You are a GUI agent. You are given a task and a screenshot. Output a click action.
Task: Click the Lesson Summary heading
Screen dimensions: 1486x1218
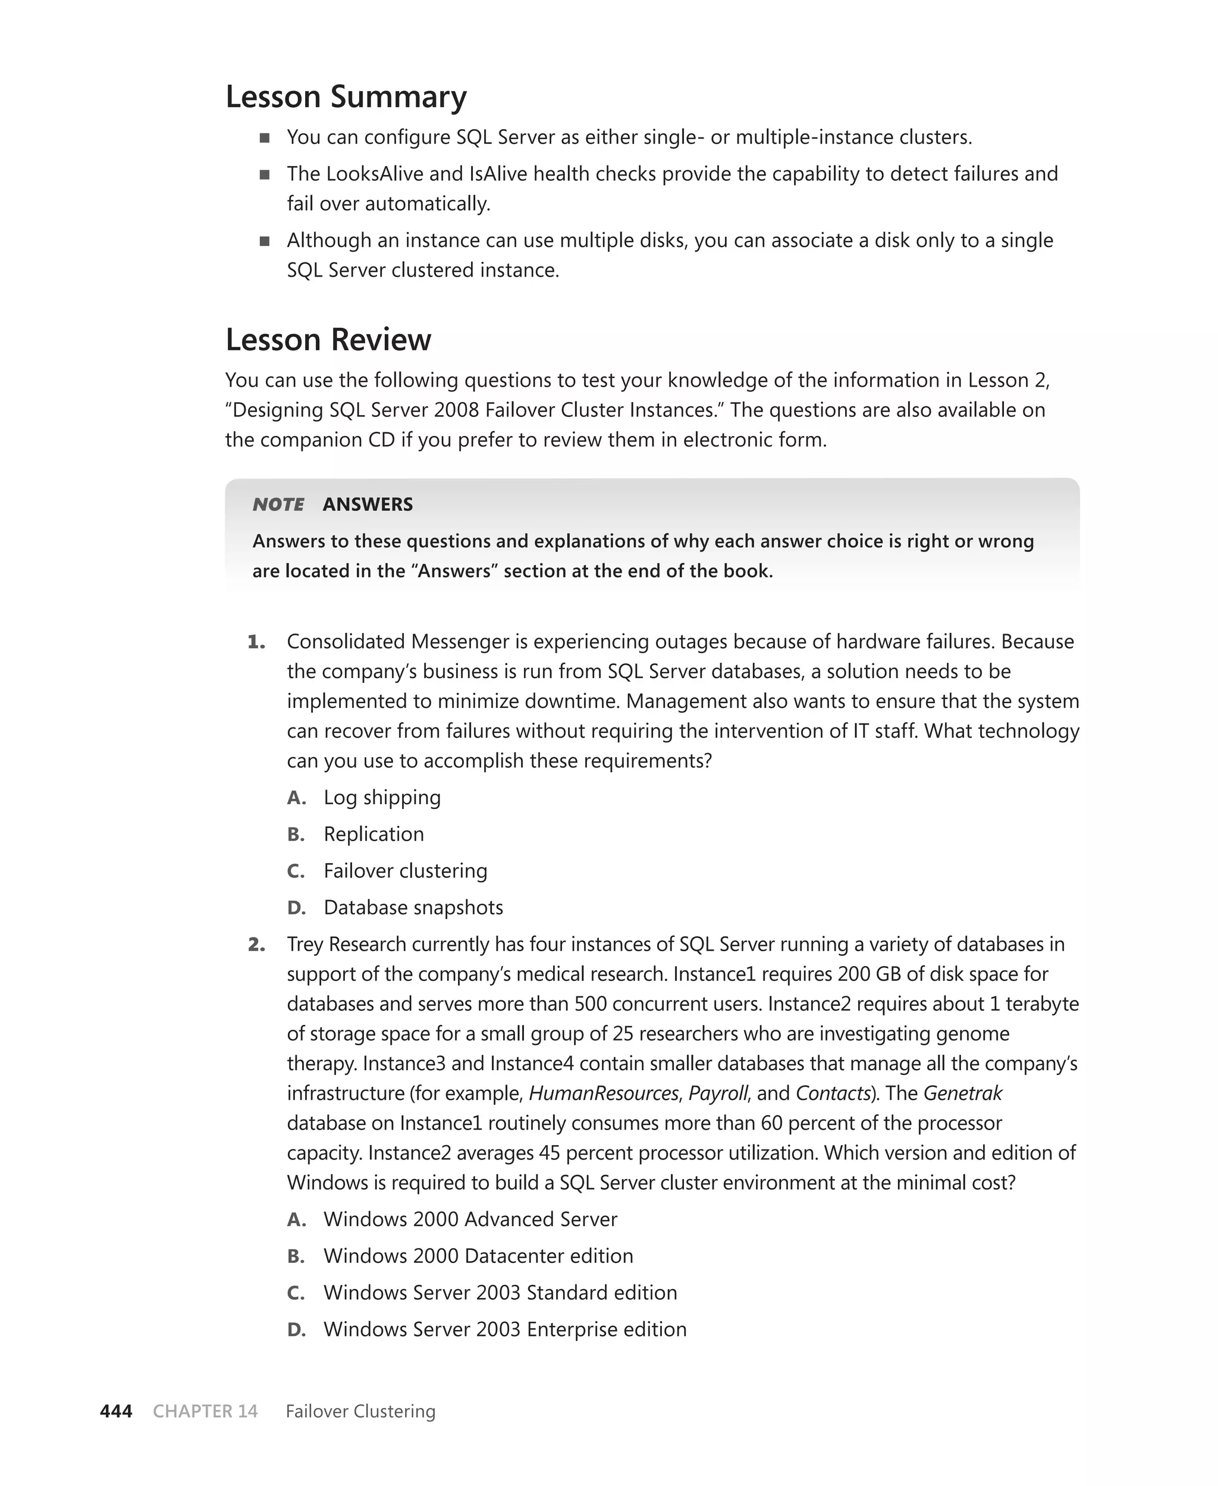346,97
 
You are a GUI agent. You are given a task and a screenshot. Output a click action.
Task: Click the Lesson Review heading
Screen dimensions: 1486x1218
328,340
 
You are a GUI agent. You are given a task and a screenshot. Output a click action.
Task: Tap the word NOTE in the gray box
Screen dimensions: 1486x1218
278,504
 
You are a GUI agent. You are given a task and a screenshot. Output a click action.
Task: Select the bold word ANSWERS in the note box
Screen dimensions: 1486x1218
368,504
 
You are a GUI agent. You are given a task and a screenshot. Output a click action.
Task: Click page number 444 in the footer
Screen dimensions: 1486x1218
117,1411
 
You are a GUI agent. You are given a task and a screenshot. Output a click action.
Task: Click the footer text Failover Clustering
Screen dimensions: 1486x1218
360,1411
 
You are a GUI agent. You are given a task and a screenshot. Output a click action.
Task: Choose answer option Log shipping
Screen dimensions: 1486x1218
382,798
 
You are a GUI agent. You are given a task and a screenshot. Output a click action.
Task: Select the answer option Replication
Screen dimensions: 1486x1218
373,834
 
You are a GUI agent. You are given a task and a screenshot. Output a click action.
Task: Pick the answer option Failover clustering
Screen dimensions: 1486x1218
405,871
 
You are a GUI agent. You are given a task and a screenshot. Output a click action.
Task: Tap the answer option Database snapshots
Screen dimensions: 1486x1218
413,907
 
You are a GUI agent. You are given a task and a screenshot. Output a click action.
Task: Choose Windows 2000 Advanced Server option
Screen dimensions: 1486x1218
470,1219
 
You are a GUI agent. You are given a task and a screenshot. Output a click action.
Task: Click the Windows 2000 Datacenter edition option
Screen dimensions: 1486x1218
478,1255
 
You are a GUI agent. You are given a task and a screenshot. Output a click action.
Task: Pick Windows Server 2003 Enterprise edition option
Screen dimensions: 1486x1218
504,1329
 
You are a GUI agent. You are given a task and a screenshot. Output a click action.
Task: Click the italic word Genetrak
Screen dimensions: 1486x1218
963,1093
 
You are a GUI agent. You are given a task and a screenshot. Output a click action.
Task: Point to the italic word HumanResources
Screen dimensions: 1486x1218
604,1093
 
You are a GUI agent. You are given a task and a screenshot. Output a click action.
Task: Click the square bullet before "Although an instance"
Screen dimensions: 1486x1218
265,242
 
